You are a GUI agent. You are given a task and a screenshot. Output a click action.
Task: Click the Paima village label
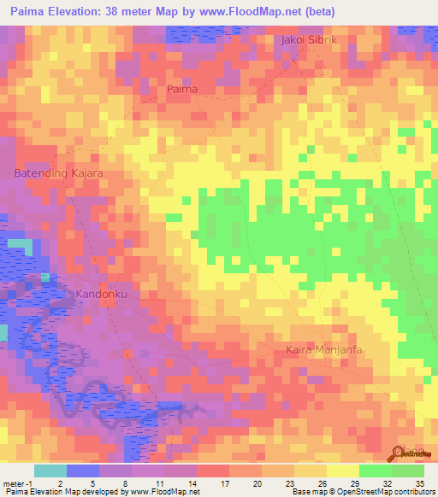[182, 89]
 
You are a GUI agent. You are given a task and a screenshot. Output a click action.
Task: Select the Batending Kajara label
[59, 173]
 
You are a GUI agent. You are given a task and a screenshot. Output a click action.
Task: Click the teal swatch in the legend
[50, 471]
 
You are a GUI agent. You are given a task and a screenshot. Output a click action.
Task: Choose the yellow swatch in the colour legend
[342, 471]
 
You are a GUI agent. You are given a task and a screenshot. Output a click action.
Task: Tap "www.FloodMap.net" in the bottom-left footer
[163, 491]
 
